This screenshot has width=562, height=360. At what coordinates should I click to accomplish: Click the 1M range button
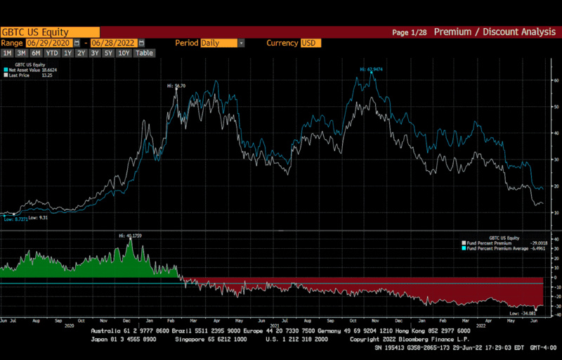pos(7,53)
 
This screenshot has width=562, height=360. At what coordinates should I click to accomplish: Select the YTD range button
pos(51,53)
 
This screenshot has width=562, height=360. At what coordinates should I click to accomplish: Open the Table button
pos(144,53)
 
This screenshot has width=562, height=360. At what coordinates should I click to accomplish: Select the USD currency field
pos(310,43)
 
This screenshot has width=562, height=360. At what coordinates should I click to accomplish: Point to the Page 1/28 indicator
pos(409,32)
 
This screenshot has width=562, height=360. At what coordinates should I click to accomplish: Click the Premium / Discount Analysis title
pos(495,32)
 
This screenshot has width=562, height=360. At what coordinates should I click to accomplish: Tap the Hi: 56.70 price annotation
pos(176,86)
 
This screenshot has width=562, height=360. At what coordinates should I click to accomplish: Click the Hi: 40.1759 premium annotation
pos(130,236)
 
